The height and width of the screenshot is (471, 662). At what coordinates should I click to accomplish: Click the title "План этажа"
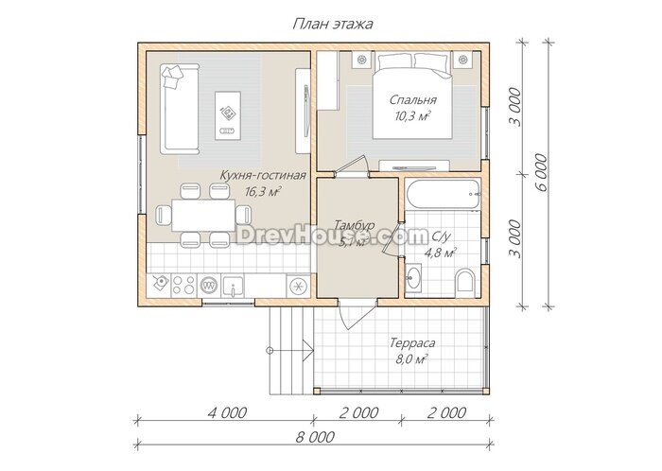(333, 24)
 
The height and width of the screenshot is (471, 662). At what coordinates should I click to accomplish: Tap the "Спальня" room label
(412, 100)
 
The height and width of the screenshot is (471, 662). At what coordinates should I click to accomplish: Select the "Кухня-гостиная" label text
(263, 175)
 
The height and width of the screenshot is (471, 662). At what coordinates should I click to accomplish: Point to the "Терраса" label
(412, 342)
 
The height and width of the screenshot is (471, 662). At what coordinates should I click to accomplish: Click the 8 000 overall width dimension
(315, 436)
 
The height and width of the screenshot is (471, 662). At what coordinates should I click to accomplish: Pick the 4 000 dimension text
(227, 412)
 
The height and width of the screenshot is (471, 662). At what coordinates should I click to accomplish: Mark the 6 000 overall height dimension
(541, 172)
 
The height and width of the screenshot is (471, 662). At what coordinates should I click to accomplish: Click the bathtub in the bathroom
(443, 194)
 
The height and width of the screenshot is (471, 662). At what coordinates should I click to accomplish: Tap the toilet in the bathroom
(465, 280)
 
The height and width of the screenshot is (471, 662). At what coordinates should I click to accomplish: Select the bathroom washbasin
(413, 278)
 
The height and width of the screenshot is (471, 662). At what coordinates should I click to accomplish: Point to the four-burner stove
(183, 285)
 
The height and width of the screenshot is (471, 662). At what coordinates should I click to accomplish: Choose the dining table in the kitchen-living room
(203, 215)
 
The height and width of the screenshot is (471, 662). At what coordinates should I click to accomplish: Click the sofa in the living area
(180, 110)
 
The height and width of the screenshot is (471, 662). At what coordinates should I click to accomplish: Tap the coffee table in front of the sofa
(228, 115)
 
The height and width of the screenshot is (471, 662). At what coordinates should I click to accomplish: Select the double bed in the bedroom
(412, 96)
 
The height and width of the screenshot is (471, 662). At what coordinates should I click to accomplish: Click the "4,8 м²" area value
(440, 253)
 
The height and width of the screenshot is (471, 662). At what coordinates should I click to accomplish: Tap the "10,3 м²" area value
(412, 115)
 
